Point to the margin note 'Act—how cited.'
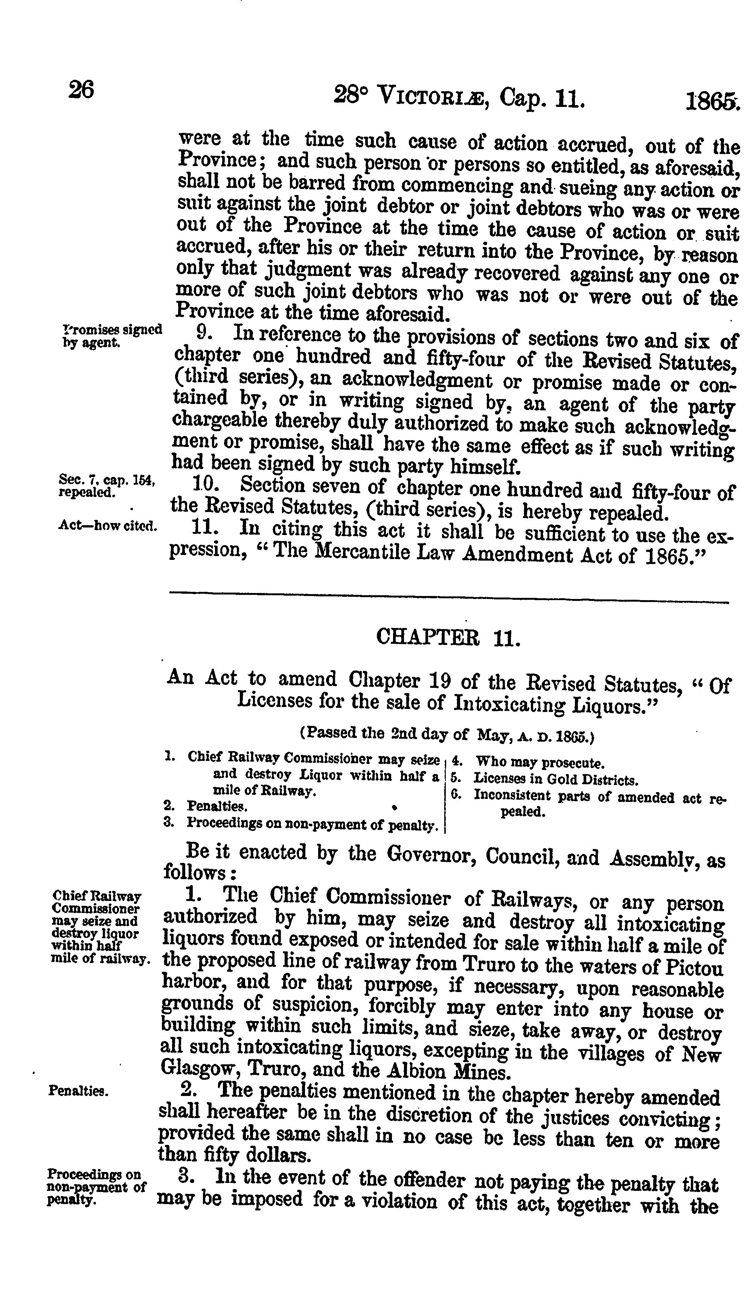(108, 526)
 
